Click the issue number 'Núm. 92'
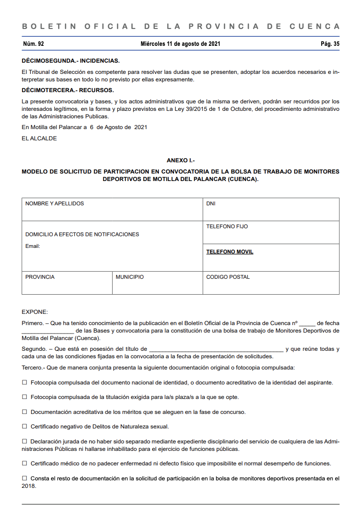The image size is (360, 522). (x=33, y=44)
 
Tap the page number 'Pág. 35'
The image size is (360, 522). (x=330, y=44)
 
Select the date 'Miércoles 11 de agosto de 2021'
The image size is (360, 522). (x=180, y=44)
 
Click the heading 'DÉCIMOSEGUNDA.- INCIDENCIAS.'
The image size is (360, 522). (x=71, y=61)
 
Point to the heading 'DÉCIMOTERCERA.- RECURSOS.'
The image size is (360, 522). (x=68, y=90)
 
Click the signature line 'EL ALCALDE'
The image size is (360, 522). (x=39, y=138)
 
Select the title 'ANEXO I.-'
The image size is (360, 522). (x=180, y=160)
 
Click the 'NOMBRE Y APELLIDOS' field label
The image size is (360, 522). (x=55, y=204)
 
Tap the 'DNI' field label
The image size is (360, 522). (x=211, y=204)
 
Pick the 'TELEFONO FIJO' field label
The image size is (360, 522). (x=227, y=227)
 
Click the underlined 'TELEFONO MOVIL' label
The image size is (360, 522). (x=230, y=252)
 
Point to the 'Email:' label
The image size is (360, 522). (x=33, y=246)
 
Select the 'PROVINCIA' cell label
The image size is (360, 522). (x=40, y=277)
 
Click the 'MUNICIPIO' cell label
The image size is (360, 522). (x=130, y=277)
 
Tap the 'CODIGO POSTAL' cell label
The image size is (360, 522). (x=228, y=277)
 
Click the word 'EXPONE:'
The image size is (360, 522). (x=35, y=312)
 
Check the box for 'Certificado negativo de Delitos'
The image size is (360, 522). (x=25, y=427)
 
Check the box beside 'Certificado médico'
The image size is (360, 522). (x=25, y=464)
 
